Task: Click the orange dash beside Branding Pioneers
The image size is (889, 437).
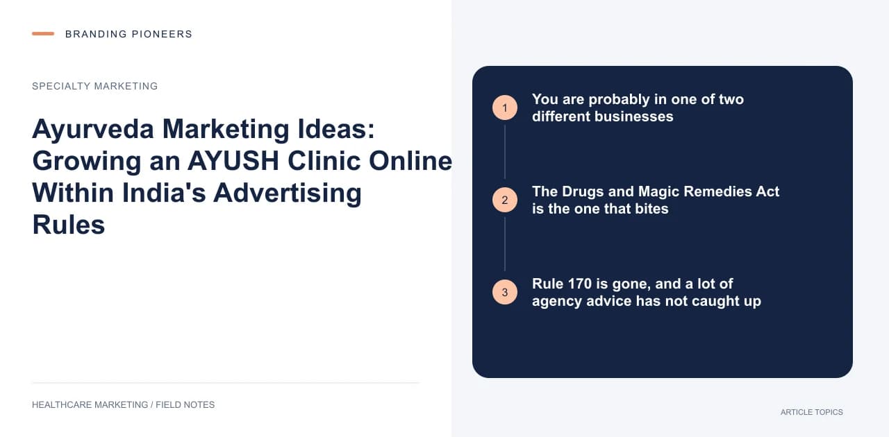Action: [43, 34]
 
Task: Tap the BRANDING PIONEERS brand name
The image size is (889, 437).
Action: [128, 34]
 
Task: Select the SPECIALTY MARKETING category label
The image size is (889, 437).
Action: [95, 86]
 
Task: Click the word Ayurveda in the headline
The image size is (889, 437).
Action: [93, 130]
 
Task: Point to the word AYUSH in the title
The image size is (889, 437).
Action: [233, 161]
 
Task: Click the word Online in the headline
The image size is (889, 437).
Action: [410, 161]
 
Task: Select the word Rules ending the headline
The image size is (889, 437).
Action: [69, 225]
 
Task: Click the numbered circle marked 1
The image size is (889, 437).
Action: [505, 108]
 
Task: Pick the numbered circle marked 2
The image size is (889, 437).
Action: [505, 200]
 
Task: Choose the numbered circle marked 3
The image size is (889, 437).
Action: [505, 292]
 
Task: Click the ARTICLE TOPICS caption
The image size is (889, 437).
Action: [812, 413]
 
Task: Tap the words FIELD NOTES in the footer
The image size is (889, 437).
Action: [185, 405]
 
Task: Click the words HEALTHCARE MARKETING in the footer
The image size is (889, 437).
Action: [90, 405]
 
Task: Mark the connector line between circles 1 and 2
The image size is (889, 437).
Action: [505, 152]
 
